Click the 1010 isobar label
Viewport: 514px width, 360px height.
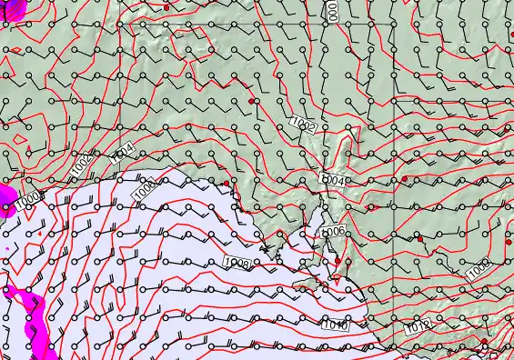[335, 325]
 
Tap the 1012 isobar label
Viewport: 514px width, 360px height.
[418, 325]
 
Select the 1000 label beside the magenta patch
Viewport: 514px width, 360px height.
[29, 200]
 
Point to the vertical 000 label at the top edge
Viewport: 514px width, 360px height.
[333, 10]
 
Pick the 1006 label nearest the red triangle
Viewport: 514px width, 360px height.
[333, 232]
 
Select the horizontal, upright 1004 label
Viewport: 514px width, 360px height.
[333, 181]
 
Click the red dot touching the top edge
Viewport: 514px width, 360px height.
[166, 6]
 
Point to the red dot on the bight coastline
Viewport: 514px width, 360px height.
[227, 184]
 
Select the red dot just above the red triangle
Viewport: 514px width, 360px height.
[338, 262]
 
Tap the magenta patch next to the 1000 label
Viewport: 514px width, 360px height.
[5, 194]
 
